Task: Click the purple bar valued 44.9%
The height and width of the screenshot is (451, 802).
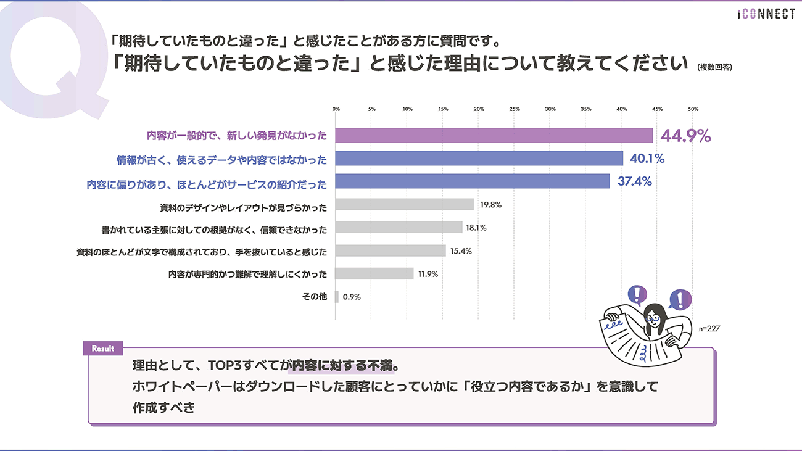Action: click(x=494, y=136)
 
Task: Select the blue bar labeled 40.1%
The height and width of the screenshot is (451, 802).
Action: click(x=479, y=159)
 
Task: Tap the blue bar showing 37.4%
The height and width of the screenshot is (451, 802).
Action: click(x=472, y=181)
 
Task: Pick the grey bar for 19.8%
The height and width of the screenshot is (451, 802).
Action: click(x=405, y=204)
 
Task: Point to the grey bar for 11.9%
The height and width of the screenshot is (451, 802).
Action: click(x=374, y=273)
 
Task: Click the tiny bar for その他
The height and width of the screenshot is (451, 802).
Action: click(x=337, y=297)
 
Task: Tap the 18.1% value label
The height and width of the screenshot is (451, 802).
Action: click(x=476, y=228)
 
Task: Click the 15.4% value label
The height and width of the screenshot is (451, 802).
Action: click(x=460, y=251)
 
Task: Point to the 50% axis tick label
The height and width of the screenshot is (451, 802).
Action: click(x=693, y=109)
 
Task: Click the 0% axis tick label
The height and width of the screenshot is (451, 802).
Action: click(x=336, y=109)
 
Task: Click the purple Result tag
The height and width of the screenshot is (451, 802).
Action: click(x=103, y=349)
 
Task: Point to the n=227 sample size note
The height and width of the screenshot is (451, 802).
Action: click(x=709, y=329)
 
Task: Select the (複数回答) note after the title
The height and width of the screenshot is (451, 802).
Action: click(x=714, y=67)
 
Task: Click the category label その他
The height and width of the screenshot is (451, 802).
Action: click(x=314, y=297)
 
